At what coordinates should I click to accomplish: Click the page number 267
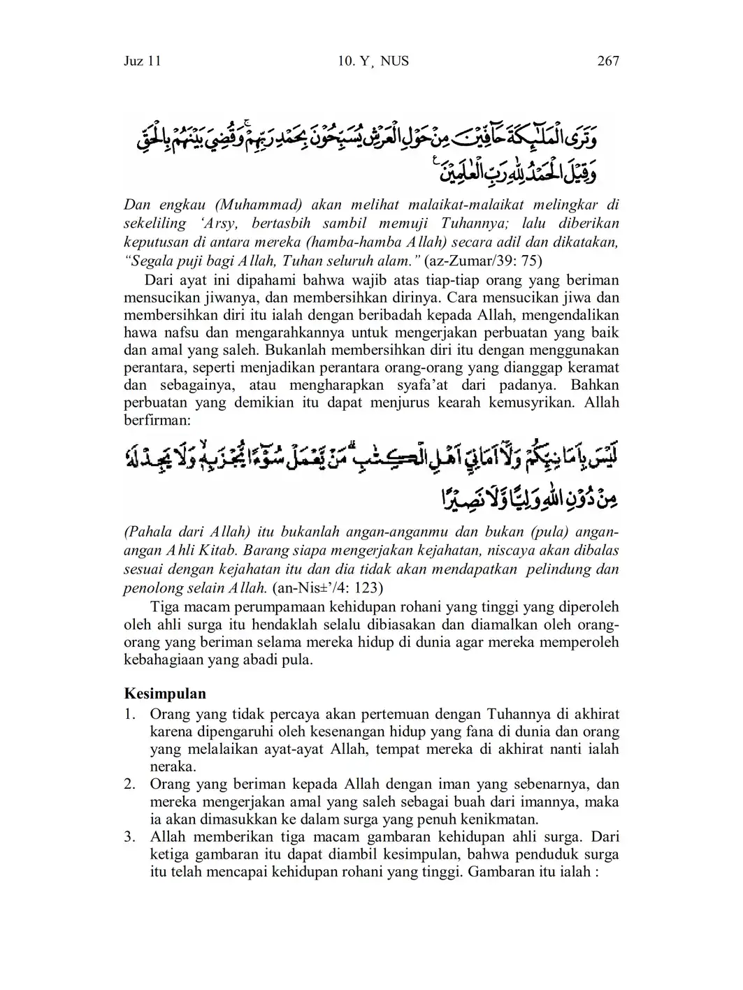608,61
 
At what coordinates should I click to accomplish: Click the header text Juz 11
142,61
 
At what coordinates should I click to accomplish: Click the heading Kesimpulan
165,694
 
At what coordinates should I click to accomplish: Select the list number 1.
129,714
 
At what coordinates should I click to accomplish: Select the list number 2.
129,784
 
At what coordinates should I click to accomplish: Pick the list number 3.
129,837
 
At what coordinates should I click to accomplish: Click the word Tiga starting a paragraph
166,606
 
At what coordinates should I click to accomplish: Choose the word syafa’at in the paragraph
406,385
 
